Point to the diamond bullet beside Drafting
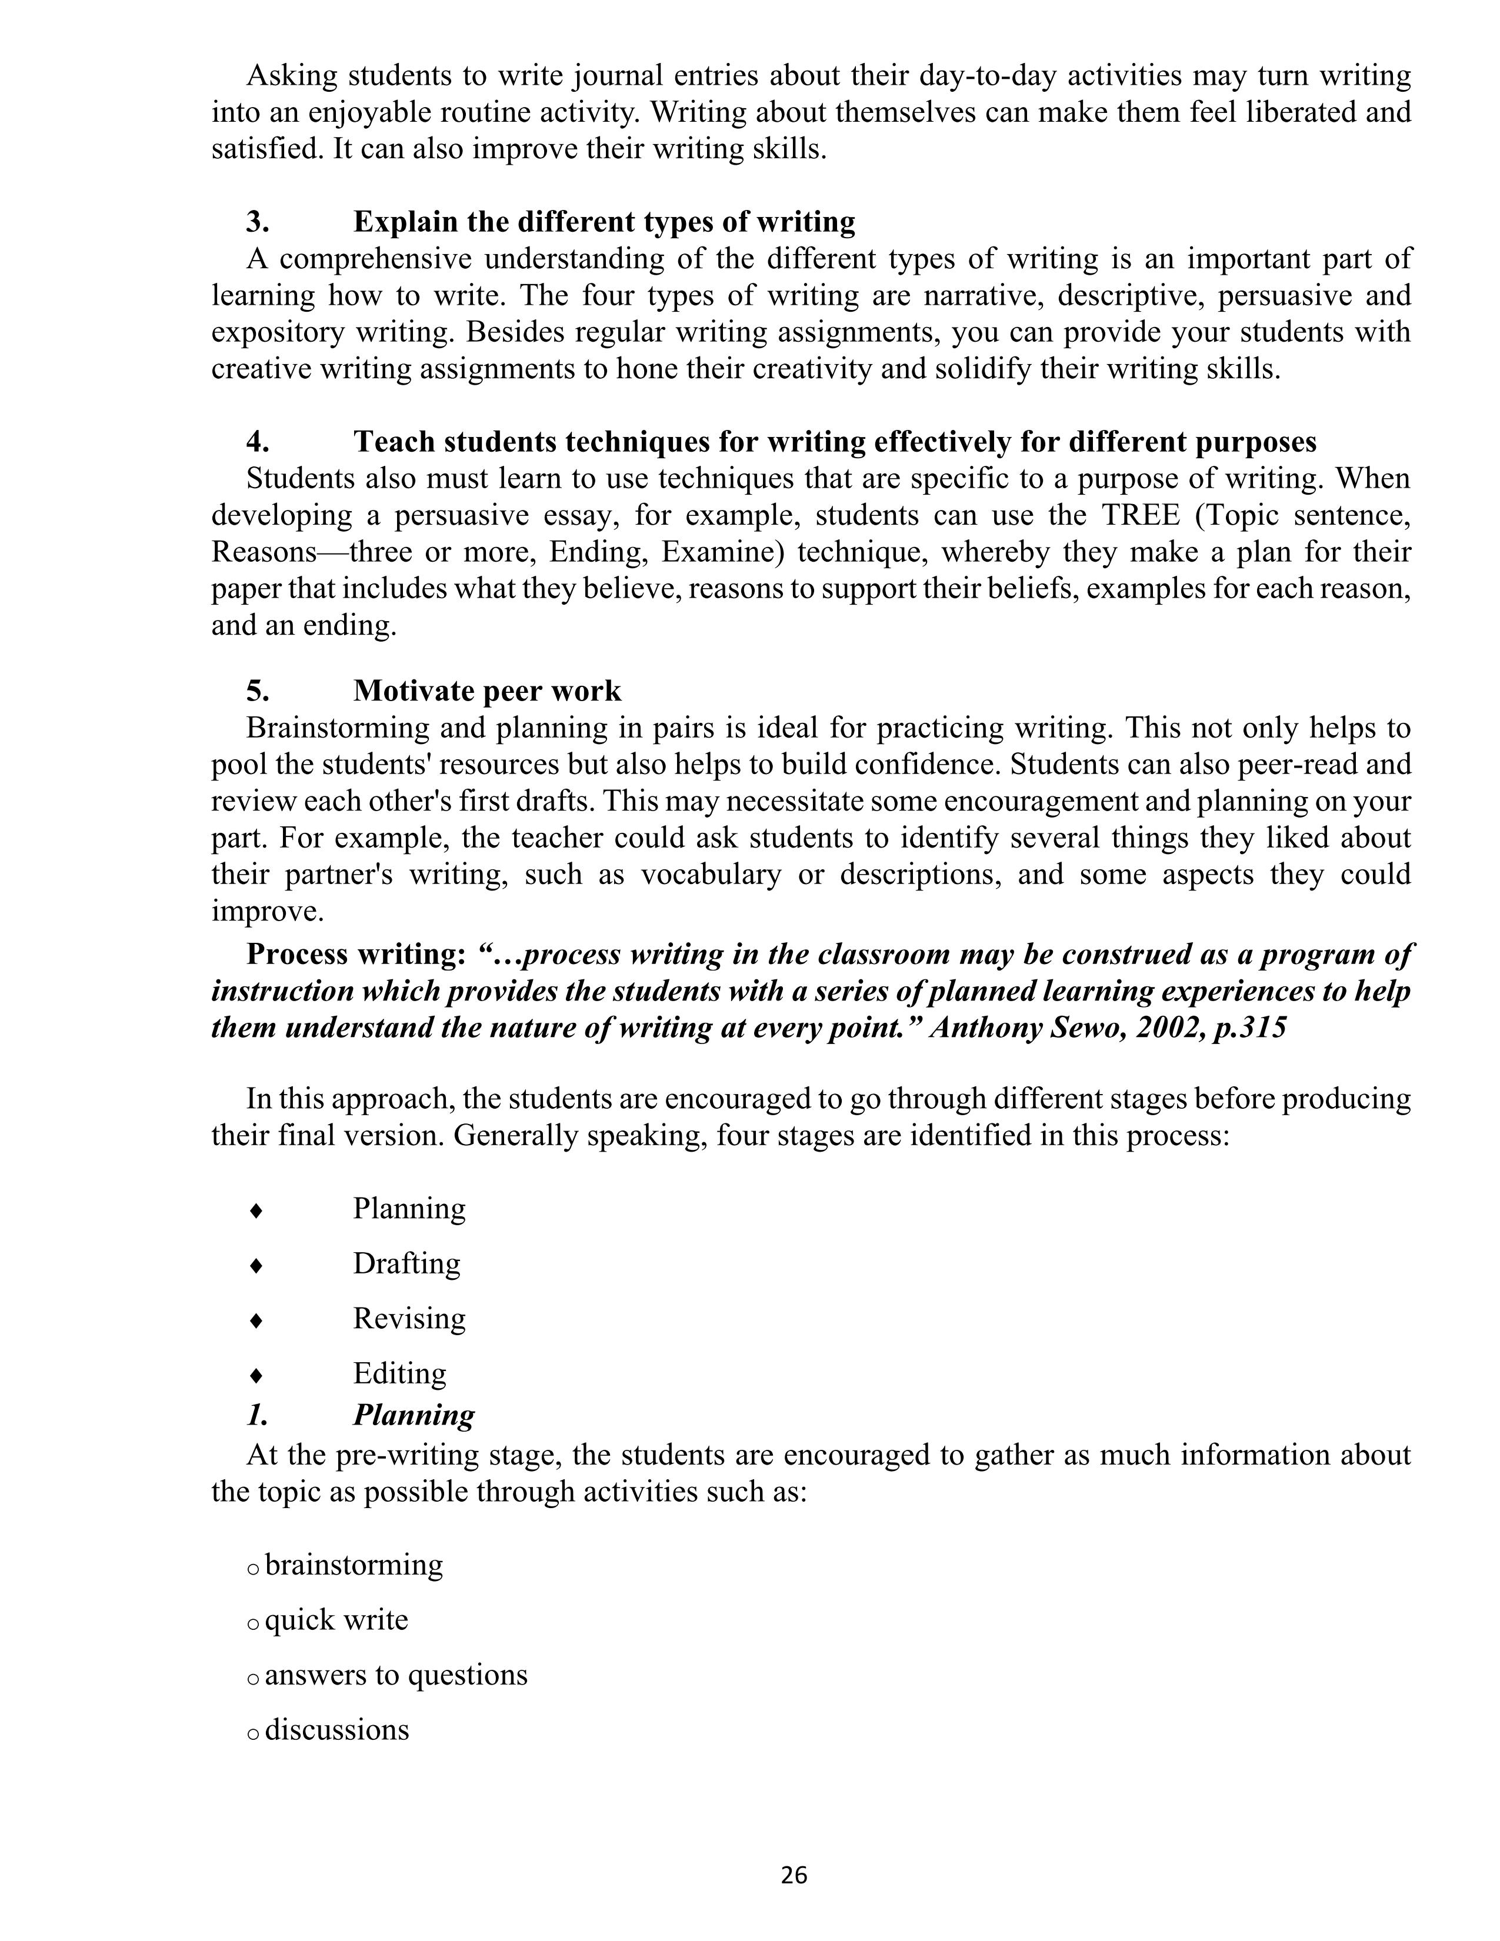coord(256,1266)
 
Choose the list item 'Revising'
coord(409,1318)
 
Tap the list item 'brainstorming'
coord(354,1565)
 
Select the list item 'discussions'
coord(337,1730)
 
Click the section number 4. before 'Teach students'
coord(258,442)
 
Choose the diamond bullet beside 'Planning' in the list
coord(256,1210)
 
